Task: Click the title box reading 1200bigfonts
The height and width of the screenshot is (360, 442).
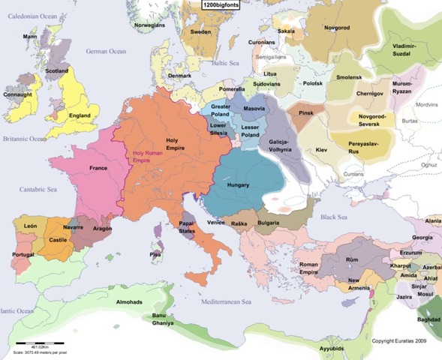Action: pyautogui.click(x=221, y=4)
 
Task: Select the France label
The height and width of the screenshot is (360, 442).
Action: pyautogui.click(x=98, y=168)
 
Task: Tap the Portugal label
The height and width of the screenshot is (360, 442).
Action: pyautogui.click(x=23, y=255)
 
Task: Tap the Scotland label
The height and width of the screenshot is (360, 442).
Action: pyautogui.click(x=57, y=71)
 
